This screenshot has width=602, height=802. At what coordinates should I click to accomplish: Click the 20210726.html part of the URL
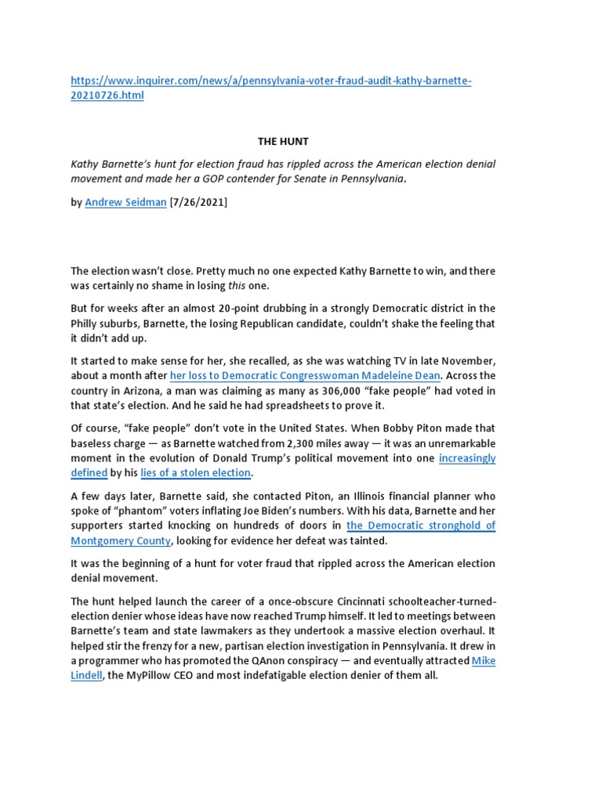107,96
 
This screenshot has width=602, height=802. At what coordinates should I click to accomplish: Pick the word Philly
87,323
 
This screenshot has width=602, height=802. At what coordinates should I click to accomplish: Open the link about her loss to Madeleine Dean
305,376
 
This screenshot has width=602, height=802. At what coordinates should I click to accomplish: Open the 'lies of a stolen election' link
195,473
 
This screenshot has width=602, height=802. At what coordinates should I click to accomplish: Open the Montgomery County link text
121,541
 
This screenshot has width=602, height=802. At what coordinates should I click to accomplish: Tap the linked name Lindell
86,676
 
